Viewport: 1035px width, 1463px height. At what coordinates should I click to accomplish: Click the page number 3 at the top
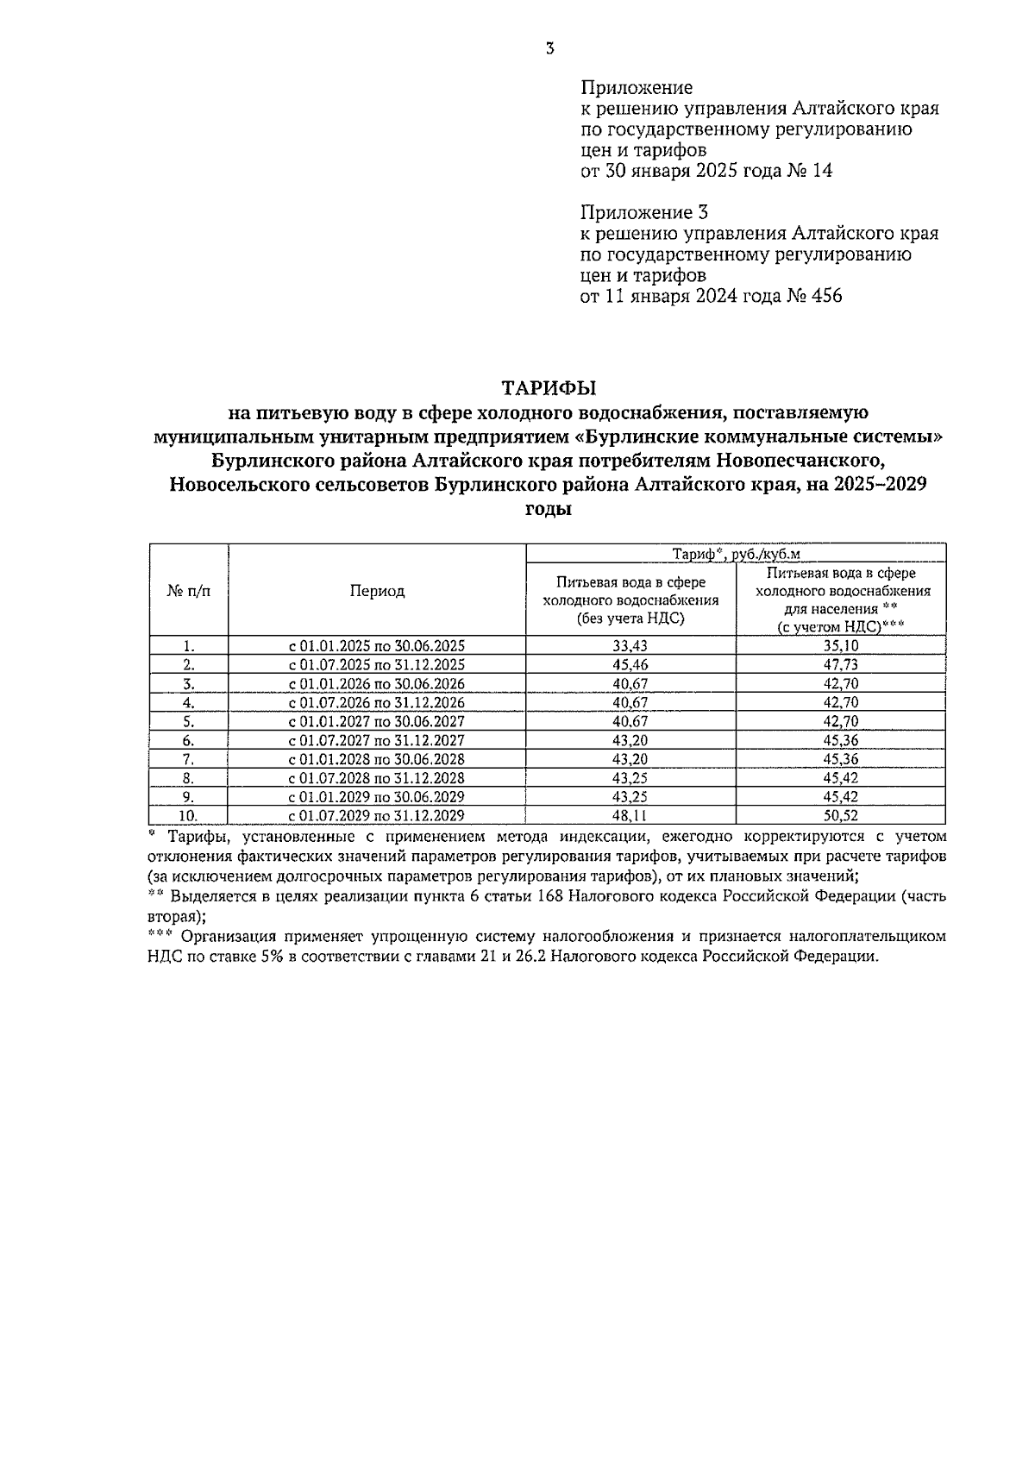pos(549,50)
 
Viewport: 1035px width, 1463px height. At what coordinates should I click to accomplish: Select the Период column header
pos(377,591)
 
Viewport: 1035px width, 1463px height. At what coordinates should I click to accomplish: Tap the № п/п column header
pos(188,591)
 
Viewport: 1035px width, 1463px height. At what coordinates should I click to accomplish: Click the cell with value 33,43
pos(630,646)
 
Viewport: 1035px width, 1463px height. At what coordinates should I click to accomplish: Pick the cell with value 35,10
pos(841,646)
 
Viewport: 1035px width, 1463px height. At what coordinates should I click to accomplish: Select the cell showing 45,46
pos(630,665)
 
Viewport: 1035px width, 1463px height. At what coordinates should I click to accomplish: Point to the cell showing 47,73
pos(841,665)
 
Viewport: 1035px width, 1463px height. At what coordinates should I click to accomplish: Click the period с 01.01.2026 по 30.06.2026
pos(376,684)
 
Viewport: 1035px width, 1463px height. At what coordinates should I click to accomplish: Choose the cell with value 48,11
pos(630,816)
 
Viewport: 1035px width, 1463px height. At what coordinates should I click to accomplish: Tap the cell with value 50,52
pos(841,816)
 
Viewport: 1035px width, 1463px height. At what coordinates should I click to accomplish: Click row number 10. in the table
pos(188,816)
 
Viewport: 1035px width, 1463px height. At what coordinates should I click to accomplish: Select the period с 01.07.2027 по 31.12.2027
pos(376,741)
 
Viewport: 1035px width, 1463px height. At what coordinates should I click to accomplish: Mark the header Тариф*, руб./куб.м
pos(736,555)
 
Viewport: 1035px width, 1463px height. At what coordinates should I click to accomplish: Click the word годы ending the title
pos(549,509)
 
